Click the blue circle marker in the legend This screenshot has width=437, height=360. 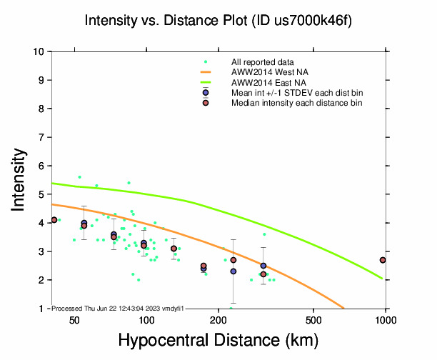pyautogui.click(x=206, y=93)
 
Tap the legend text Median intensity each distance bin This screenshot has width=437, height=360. pyautogui.click(x=296, y=103)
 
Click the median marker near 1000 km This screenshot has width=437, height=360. pyautogui.click(x=383, y=260)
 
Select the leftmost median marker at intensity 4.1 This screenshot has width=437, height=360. pyautogui.click(x=54, y=220)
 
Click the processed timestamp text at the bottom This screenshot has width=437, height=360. pyautogui.click(x=119, y=307)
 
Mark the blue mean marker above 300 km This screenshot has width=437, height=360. pyautogui.click(x=263, y=266)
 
